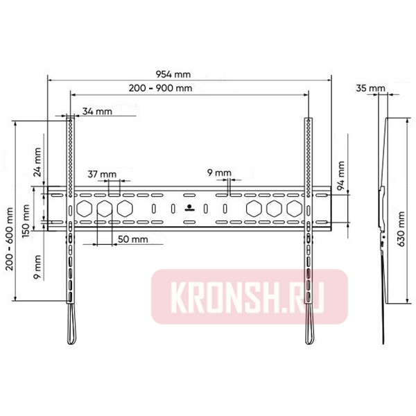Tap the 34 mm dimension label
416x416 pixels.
(96, 111)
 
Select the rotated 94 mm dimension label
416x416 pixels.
(340, 175)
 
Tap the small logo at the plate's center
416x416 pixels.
(189, 207)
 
